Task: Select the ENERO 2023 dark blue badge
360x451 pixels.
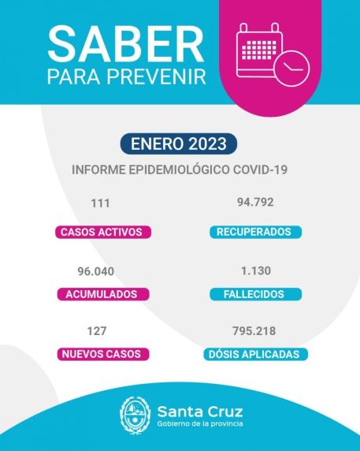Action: coord(179,144)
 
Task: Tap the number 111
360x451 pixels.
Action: coord(100,203)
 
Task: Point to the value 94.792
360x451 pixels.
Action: coord(255,202)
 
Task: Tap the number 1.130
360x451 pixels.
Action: coord(256,270)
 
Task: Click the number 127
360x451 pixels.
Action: coord(98,331)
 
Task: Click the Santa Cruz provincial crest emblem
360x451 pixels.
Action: coord(134,415)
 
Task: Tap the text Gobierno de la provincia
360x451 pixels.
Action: coord(200,425)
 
